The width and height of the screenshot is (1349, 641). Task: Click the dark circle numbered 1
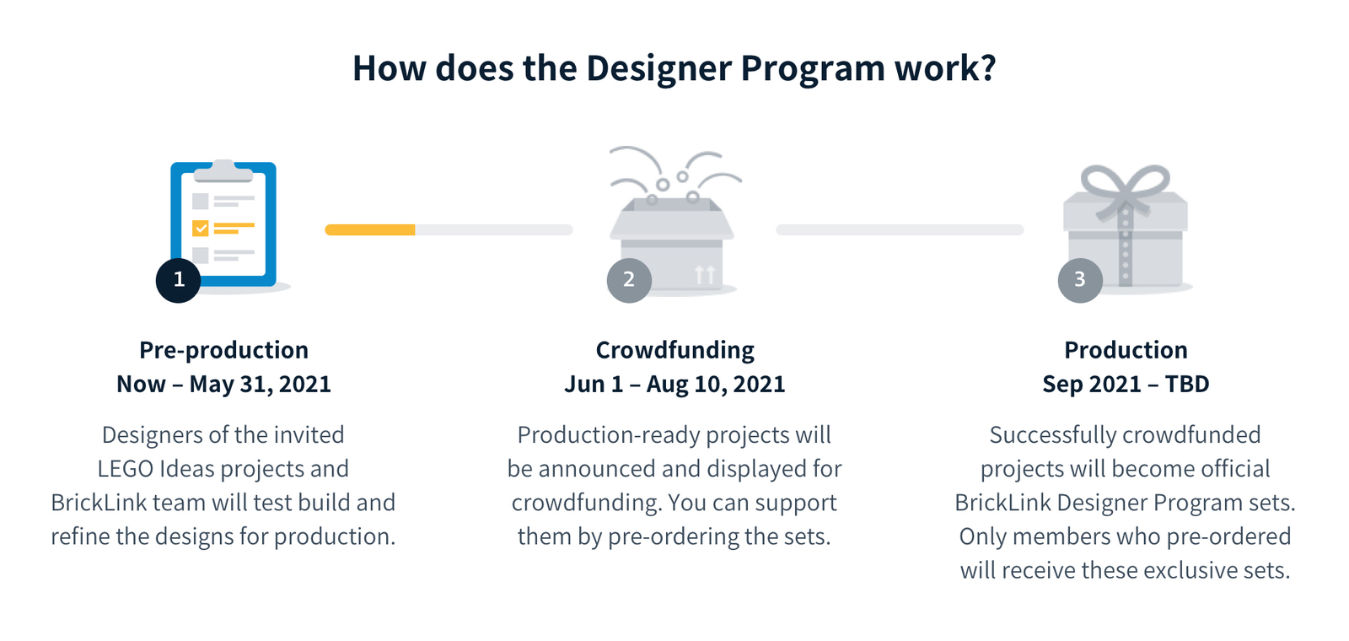tap(178, 280)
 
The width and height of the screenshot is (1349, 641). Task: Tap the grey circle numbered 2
tap(629, 280)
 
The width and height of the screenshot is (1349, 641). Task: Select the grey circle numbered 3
tap(1080, 280)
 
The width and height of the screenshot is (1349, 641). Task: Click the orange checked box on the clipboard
tap(201, 229)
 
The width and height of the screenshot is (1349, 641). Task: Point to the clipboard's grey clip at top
tap(223, 170)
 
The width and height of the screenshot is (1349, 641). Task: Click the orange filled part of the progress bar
tap(370, 229)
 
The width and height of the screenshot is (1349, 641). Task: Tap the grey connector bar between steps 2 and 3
tap(900, 229)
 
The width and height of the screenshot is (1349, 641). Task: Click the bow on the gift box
tap(1125, 188)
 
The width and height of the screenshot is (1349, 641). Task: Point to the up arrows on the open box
tap(705, 275)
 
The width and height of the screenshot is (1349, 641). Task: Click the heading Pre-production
tap(223, 350)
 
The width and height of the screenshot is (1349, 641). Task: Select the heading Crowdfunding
tap(674, 350)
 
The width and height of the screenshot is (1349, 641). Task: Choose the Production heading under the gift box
tap(1126, 350)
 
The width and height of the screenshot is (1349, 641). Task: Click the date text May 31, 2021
tap(261, 385)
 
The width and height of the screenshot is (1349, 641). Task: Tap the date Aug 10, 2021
tap(716, 385)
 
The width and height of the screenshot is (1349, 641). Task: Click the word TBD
tap(1187, 385)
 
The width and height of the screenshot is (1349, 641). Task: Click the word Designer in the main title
tap(658, 68)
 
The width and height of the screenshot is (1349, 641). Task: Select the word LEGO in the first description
tap(126, 469)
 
